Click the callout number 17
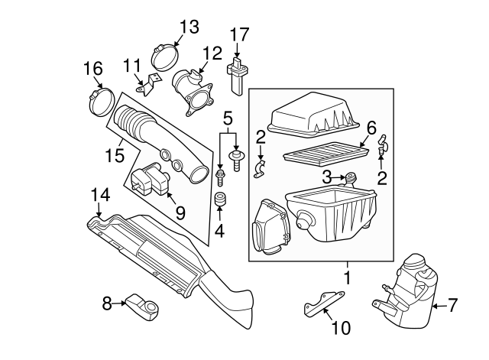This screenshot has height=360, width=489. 239,34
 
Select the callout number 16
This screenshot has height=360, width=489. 92,70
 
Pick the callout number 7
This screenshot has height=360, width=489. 452,306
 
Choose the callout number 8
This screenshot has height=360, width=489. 108,303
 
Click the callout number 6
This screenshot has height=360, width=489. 371,128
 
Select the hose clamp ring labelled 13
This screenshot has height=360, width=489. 166,57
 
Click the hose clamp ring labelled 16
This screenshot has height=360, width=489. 102,102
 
